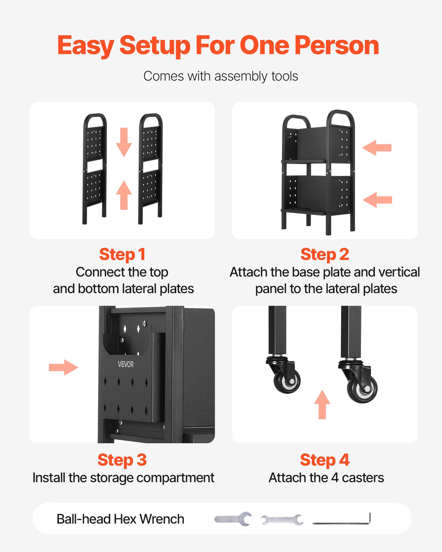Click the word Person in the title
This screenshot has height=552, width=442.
click(x=337, y=46)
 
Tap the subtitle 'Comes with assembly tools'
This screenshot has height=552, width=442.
click(x=221, y=76)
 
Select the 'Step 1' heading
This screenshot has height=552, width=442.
click(x=122, y=254)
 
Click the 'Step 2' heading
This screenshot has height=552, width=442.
click(x=325, y=254)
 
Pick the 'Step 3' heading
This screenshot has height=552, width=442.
click(x=122, y=460)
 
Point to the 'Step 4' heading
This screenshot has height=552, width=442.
click(x=325, y=460)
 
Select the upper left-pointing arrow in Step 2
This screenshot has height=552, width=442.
click(x=377, y=148)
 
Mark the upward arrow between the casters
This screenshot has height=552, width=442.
click(x=322, y=404)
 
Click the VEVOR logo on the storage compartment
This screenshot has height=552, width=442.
click(x=126, y=364)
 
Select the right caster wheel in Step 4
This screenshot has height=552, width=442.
click(x=362, y=389)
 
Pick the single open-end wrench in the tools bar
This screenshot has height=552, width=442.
click(x=233, y=519)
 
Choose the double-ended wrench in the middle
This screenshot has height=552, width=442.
click(x=282, y=520)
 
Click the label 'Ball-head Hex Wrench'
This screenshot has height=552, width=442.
click(x=120, y=519)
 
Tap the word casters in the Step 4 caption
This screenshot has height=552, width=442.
click(x=363, y=478)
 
